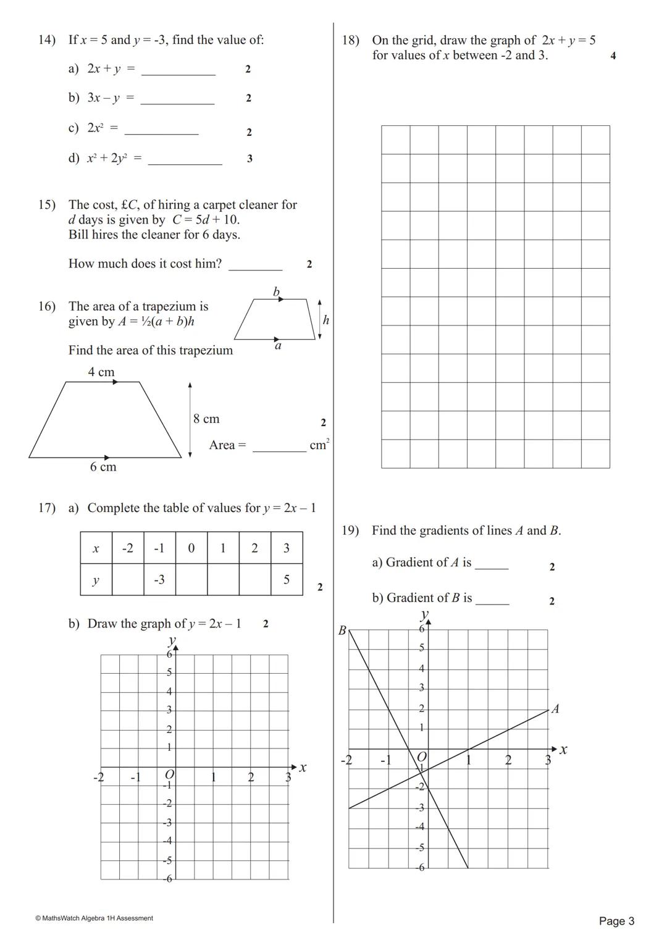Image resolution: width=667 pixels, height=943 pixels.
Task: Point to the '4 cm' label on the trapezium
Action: pos(101,372)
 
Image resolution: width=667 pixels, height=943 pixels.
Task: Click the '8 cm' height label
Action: pos(206,419)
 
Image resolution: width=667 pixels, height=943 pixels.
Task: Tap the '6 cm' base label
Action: pos(103,467)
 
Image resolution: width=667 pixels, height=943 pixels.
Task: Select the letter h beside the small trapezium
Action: pos(326,321)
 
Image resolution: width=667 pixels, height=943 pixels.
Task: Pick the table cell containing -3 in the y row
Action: pos(159,580)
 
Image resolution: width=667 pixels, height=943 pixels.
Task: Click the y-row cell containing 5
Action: pos(287,580)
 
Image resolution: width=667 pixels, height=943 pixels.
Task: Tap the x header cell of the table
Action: pos(96,548)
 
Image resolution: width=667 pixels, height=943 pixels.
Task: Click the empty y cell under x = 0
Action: pos(191,580)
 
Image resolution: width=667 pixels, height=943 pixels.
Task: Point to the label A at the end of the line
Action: pos(555,709)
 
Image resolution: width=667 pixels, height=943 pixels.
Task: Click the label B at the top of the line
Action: pos(342,631)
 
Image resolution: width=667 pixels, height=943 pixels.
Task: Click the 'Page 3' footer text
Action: pos(616,921)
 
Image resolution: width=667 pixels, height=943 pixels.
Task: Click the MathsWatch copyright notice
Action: pos(94,918)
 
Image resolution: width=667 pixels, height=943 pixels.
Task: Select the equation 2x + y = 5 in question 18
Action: pos(569,41)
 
